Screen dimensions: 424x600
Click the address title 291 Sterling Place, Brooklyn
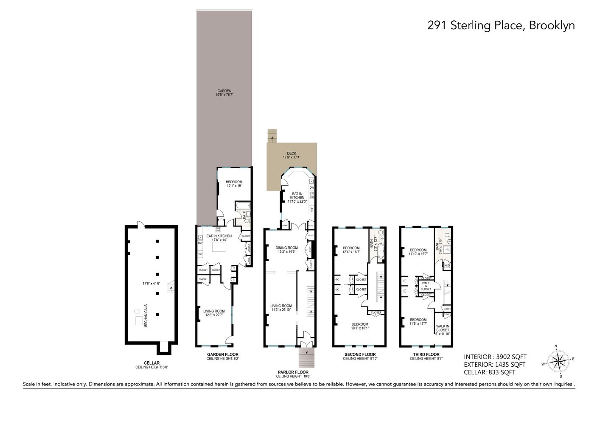click(x=501, y=25)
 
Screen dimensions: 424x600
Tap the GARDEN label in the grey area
click(x=224, y=91)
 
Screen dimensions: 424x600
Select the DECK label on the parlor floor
click(x=292, y=153)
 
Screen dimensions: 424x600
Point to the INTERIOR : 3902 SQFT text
click(x=495, y=357)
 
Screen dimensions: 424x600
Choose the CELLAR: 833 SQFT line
click(x=489, y=372)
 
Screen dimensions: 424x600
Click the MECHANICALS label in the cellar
click(x=146, y=315)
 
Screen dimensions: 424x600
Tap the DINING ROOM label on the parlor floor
click(x=287, y=248)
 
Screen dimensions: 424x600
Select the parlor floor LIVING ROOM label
click(x=281, y=306)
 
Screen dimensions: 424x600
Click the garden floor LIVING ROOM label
click(x=214, y=311)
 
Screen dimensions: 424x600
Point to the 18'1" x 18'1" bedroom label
click(x=360, y=324)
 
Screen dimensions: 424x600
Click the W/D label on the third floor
click(x=447, y=265)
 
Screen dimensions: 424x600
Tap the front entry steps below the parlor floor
click(x=307, y=358)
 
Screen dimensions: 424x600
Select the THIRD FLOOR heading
click(x=426, y=354)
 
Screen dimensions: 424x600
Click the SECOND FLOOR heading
click(x=360, y=354)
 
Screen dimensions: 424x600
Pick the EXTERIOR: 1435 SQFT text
click(x=494, y=365)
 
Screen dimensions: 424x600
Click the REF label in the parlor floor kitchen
click(x=312, y=209)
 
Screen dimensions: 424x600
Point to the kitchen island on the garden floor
click(x=219, y=246)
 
